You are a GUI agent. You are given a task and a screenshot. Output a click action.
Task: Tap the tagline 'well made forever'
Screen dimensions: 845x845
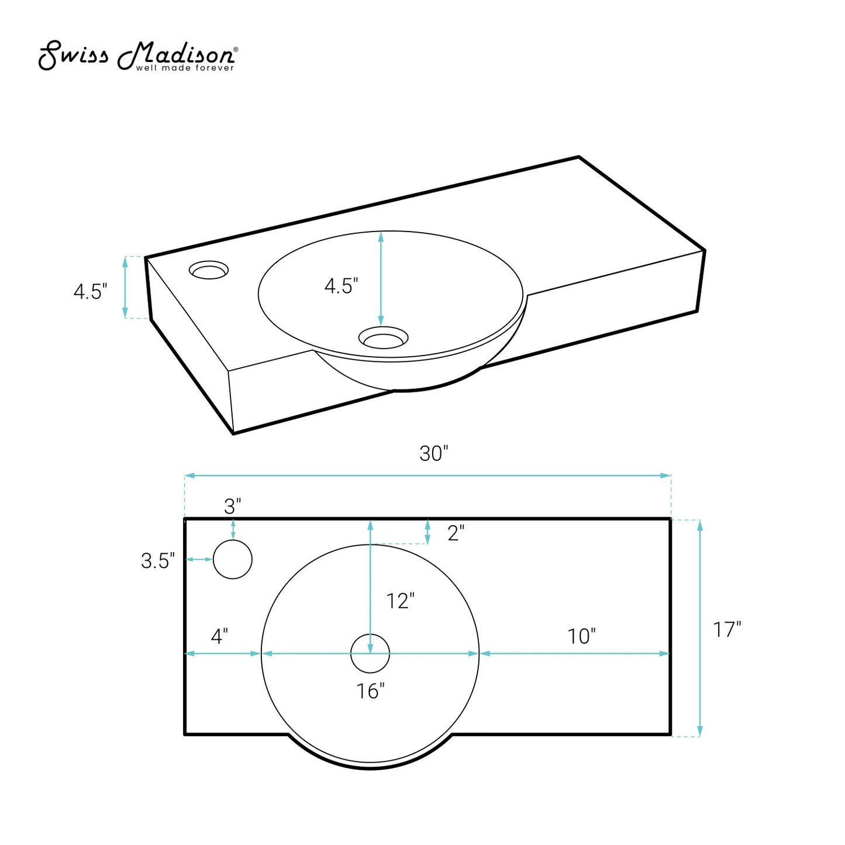(185, 68)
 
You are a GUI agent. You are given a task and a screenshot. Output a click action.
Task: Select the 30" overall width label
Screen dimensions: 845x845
(433, 454)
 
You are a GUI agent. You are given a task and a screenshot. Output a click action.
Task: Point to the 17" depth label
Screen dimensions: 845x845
(726, 629)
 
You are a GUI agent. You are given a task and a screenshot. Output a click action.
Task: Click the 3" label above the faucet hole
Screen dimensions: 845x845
(232, 506)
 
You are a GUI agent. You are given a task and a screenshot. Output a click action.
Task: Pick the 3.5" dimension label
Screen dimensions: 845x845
(157, 561)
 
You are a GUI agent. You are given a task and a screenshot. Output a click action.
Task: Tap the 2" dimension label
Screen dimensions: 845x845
(456, 533)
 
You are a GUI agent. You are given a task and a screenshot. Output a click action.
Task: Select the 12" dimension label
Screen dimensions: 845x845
(400, 601)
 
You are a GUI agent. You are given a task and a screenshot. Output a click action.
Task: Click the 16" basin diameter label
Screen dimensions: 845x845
(370, 691)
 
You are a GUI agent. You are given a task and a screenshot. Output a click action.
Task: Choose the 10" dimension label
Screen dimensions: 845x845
(581, 636)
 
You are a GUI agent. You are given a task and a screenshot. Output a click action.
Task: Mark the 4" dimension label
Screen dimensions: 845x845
(219, 636)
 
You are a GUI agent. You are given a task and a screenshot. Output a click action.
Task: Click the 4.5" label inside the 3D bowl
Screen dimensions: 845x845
(341, 286)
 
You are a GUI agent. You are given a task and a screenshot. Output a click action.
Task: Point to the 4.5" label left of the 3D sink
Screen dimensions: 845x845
(90, 291)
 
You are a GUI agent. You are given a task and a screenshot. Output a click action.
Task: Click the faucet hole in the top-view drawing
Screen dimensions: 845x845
(233, 560)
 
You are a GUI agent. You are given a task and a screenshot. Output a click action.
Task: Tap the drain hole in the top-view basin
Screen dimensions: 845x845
(370, 654)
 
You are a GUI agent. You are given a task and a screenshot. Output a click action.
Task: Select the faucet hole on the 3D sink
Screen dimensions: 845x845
(209, 270)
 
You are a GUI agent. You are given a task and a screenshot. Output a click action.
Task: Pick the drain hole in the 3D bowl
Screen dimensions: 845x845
(383, 337)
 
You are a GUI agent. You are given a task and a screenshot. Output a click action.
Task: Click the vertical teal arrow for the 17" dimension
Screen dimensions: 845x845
(700, 628)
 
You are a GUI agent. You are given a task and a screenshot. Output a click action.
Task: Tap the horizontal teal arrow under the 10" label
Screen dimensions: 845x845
(574, 654)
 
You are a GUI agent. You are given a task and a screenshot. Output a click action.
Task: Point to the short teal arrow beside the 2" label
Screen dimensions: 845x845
(427, 532)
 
